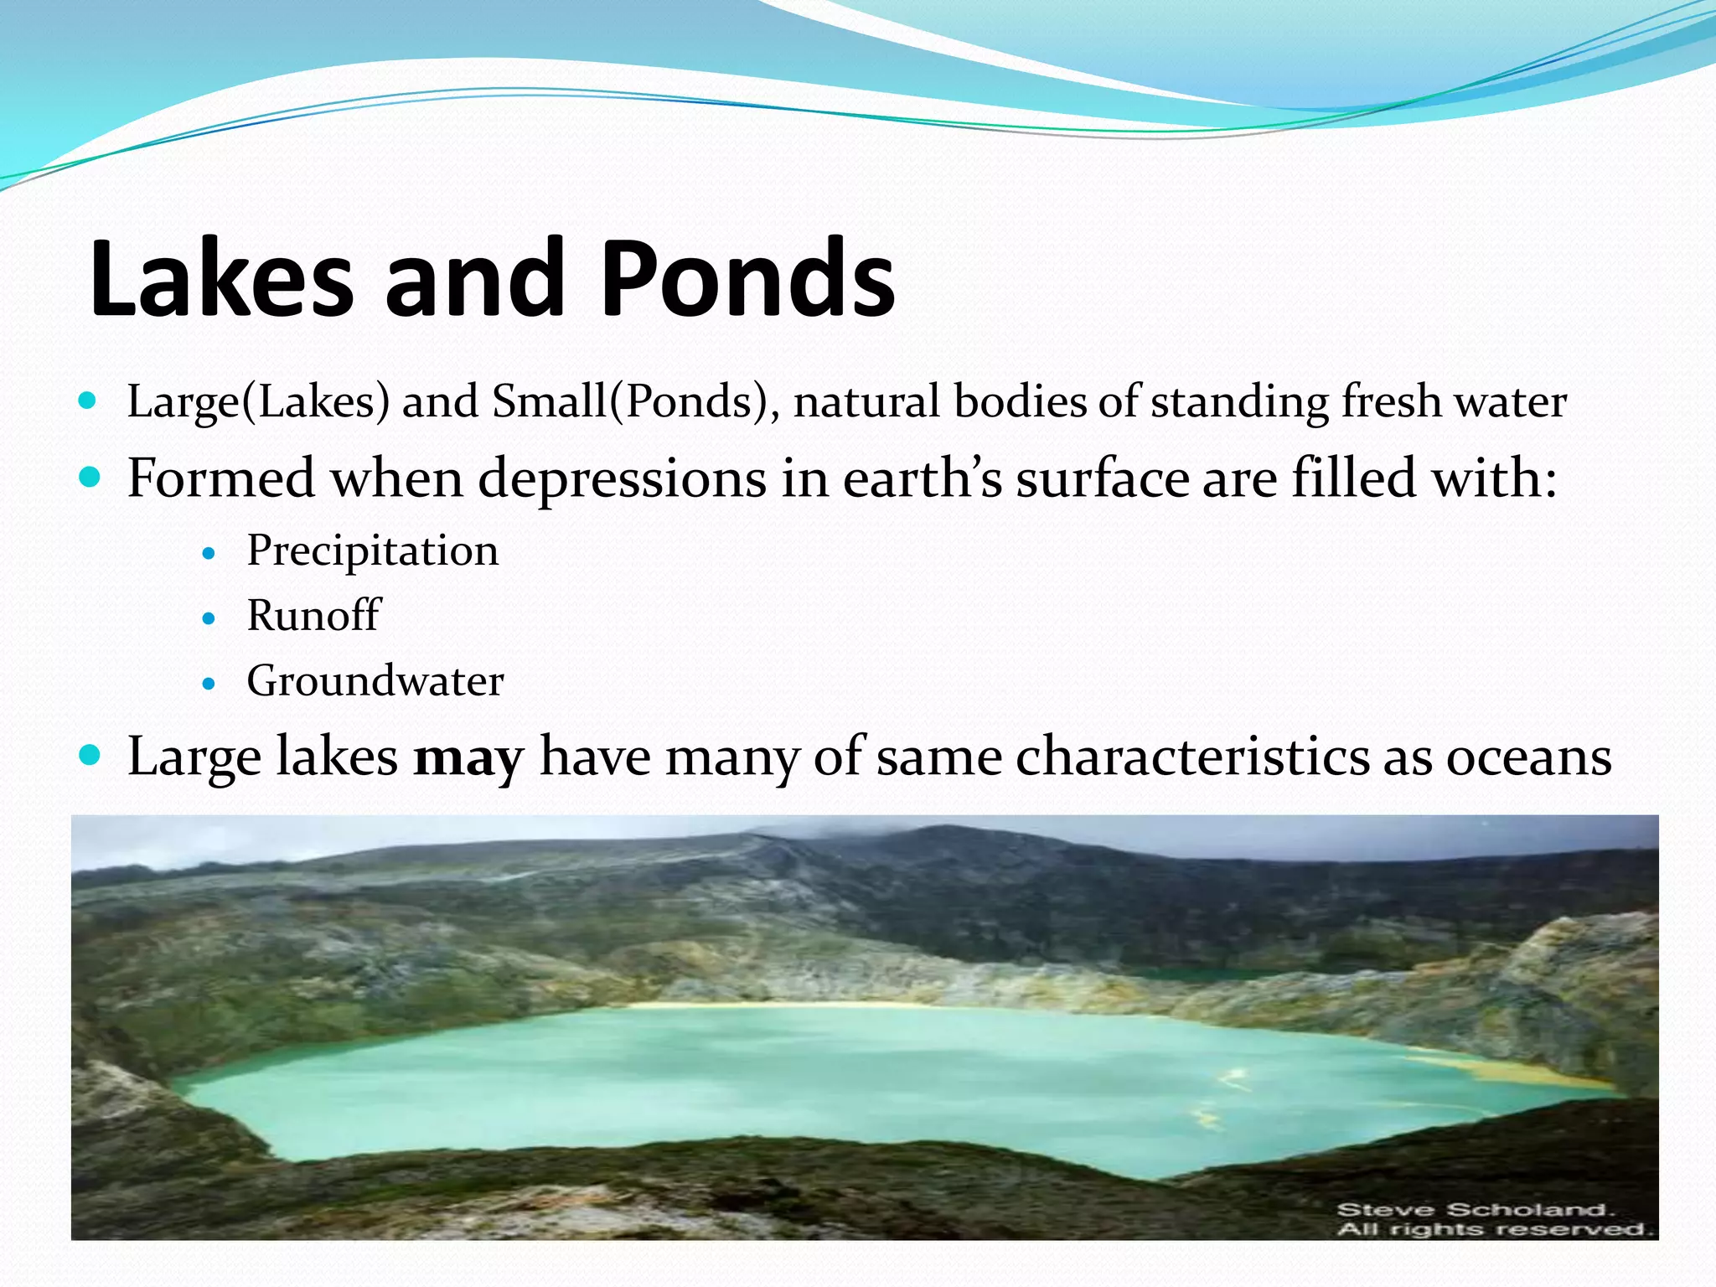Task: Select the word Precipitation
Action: tap(372, 552)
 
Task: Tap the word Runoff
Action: tap(313, 616)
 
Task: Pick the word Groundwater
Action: tap(375, 680)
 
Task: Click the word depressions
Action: tap(622, 479)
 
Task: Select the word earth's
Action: tap(923, 479)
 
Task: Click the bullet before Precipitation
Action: tap(209, 554)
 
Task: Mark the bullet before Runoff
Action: tap(209, 619)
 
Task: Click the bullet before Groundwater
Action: tap(209, 684)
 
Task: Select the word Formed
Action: tap(220, 479)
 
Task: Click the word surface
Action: tap(1103, 479)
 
